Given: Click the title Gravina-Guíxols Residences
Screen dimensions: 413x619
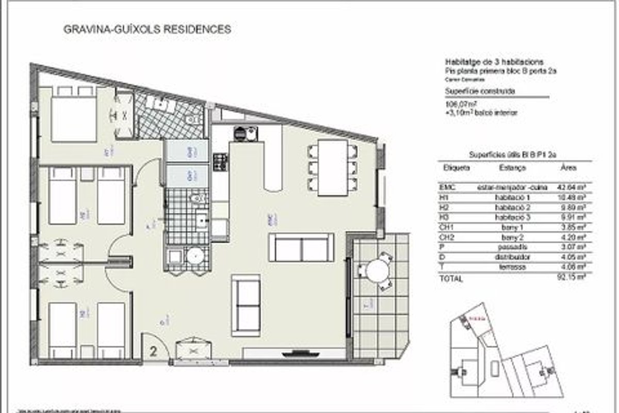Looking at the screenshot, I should (147, 29).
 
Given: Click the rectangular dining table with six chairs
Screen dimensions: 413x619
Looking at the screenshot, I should (332, 167).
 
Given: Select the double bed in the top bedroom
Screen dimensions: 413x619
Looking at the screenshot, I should (74, 118).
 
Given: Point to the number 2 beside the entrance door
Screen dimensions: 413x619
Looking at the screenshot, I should (153, 352).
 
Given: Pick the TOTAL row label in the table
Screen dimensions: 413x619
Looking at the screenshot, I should (451, 279).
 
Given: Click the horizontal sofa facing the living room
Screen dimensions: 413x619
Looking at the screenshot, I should (301, 247).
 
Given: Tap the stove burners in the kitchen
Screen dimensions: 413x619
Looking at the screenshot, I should (221, 162).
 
